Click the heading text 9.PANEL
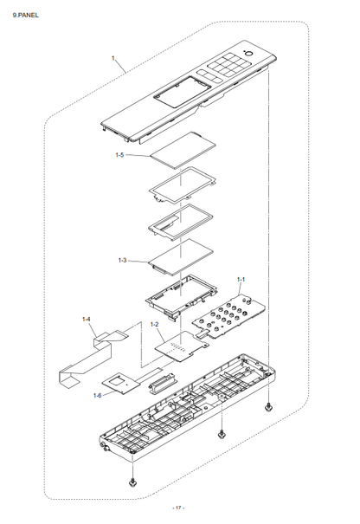(x=26, y=15)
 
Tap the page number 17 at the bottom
(x=178, y=508)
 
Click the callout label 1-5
(x=119, y=155)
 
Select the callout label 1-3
(x=123, y=260)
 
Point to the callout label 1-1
(x=241, y=279)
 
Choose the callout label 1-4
(x=87, y=319)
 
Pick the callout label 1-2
(x=154, y=324)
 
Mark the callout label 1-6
(x=97, y=396)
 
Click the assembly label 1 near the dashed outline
(x=112, y=58)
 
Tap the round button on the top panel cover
(x=248, y=55)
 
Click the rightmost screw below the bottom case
(x=267, y=408)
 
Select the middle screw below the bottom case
(x=221, y=435)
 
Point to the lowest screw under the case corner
(x=132, y=483)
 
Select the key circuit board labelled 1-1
(x=229, y=315)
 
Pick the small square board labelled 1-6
(x=121, y=382)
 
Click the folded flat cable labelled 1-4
(x=91, y=358)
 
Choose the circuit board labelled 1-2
(x=182, y=347)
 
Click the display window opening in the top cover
(x=183, y=93)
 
